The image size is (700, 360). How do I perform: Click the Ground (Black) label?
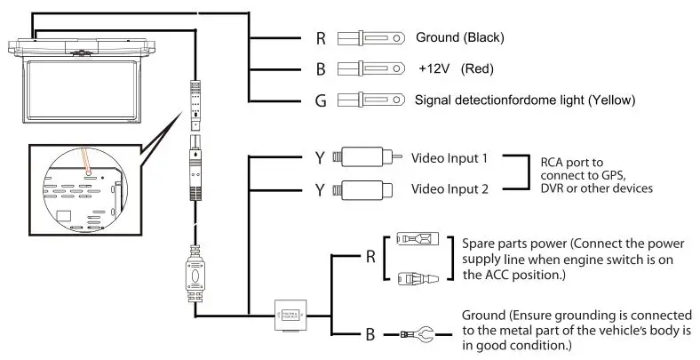click(x=460, y=37)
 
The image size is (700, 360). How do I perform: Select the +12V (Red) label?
click(x=455, y=68)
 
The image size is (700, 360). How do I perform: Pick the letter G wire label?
click(x=322, y=100)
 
